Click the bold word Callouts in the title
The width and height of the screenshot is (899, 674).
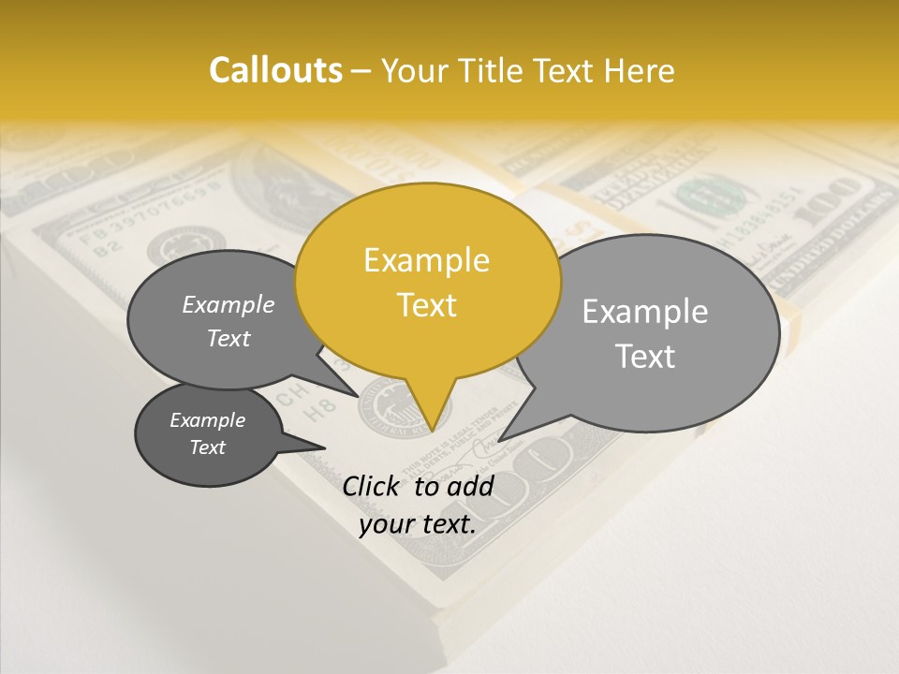275,70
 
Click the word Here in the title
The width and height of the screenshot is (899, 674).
641,70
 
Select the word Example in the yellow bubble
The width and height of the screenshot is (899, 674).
426,260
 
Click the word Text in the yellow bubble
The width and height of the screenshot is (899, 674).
426,305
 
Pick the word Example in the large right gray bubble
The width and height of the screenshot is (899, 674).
645,312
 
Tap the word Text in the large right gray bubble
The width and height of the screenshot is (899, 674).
646,357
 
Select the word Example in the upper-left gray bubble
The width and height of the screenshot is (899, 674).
228,304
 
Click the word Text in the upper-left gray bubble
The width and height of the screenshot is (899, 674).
228,338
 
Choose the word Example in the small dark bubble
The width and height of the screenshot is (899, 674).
207,420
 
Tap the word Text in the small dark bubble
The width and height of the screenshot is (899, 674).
207,447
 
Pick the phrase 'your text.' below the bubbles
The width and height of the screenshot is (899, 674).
418,524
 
